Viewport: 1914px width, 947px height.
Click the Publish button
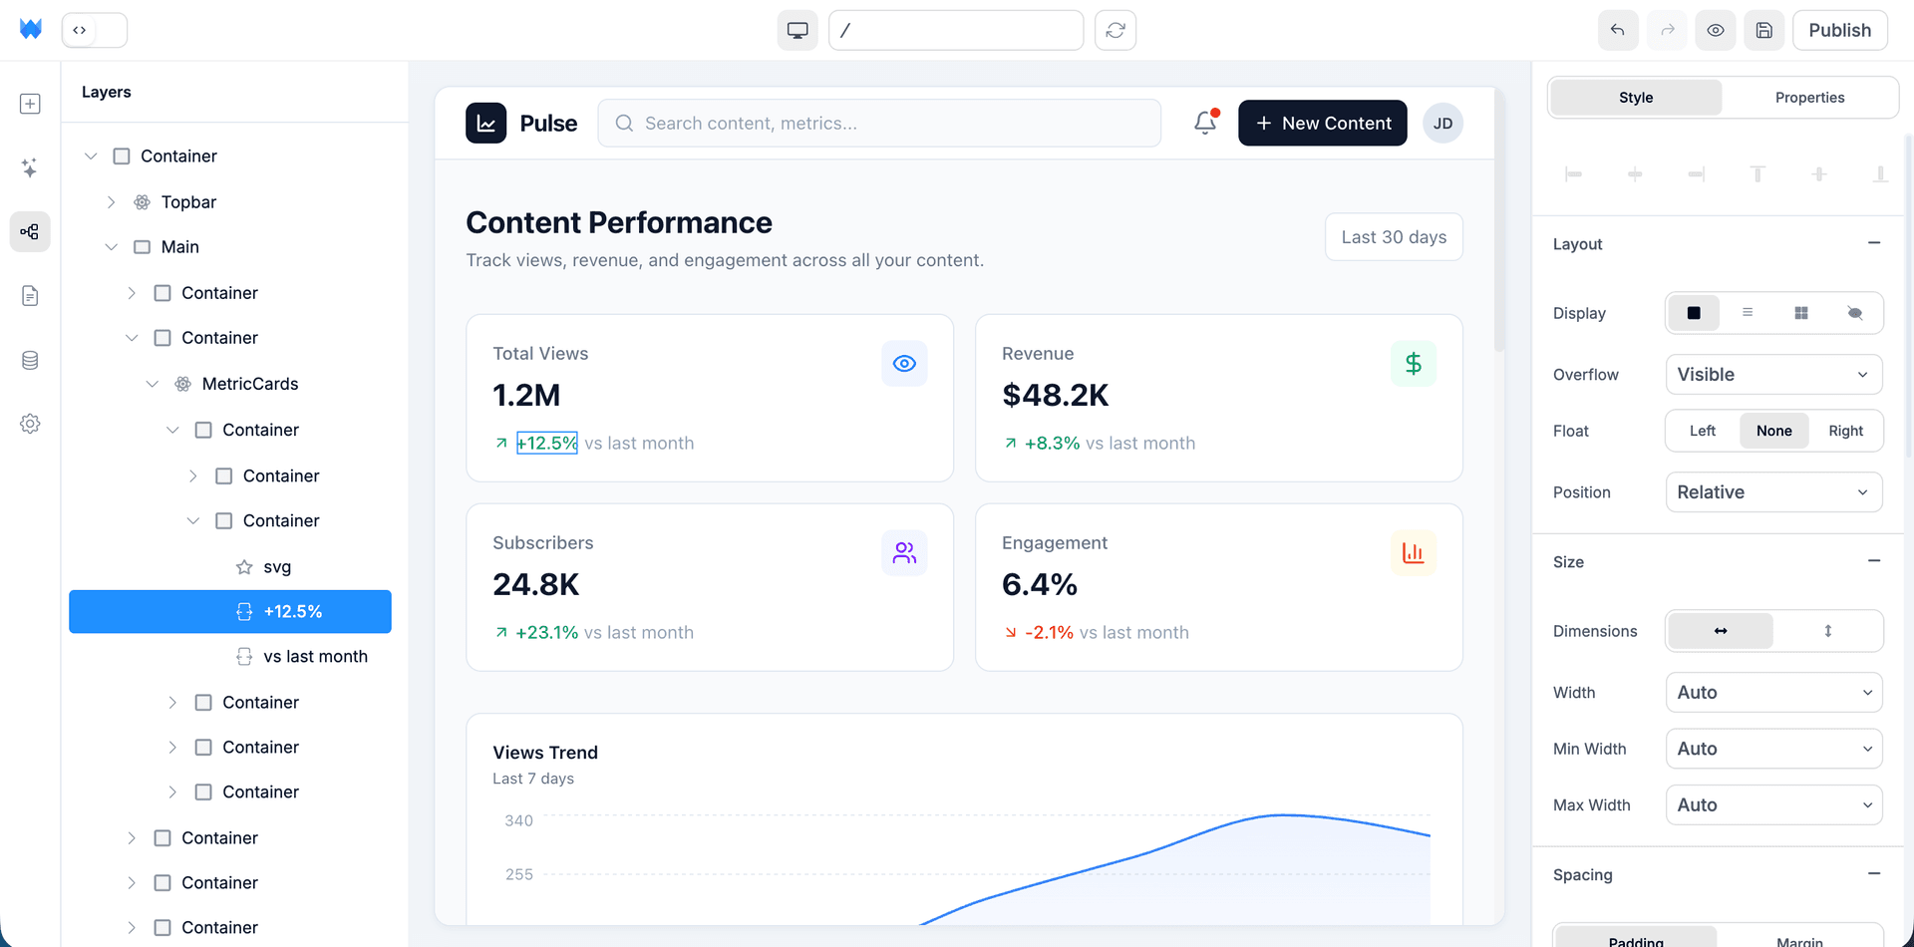click(1839, 30)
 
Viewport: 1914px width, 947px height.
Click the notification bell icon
click(1205, 123)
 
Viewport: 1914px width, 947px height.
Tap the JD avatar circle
click(1442, 124)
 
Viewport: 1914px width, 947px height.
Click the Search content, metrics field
click(879, 124)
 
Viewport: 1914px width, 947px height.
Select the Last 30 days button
click(1393, 237)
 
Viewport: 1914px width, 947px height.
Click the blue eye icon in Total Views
click(904, 364)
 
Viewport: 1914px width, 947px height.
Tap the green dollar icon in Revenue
click(1413, 364)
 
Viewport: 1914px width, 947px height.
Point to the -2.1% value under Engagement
click(1049, 633)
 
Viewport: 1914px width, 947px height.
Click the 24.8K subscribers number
click(535, 584)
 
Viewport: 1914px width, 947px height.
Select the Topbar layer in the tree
click(188, 202)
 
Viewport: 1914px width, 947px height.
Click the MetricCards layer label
click(249, 384)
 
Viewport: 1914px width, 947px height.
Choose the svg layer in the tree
click(277, 567)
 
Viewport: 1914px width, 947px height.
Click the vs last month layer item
click(315, 657)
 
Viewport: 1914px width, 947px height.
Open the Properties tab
click(1809, 98)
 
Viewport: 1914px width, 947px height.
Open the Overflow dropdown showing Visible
click(1773, 375)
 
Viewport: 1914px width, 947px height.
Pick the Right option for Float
click(1845, 431)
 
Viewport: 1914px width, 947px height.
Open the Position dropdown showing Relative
click(1773, 492)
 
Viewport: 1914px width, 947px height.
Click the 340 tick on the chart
click(518, 820)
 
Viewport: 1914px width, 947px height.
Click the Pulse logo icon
click(485, 124)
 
